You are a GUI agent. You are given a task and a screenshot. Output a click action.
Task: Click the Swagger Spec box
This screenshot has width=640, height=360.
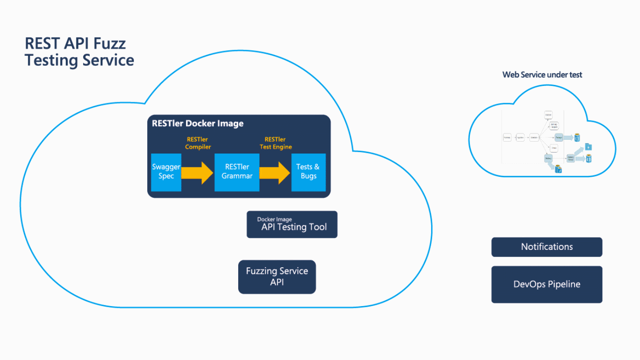click(166, 172)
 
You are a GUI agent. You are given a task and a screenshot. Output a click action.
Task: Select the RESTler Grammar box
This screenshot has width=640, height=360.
click(237, 172)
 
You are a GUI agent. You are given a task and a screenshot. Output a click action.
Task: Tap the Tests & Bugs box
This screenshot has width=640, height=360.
click(308, 172)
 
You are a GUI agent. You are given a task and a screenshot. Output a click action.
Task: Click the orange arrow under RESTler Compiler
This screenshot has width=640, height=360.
click(197, 172)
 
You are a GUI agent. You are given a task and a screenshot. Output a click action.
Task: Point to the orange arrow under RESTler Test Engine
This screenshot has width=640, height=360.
click(275, 172)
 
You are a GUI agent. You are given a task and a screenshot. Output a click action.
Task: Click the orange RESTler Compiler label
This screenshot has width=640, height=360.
click(198, 143)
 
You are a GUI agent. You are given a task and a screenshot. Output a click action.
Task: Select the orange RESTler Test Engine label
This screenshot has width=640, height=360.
click(275, 143)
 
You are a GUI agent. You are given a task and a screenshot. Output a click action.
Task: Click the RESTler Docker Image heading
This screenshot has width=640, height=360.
click(197, 123)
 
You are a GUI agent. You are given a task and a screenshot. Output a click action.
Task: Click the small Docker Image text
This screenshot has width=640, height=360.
click(274, 219)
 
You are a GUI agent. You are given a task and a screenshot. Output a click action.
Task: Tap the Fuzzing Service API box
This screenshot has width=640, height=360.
click(277, 277)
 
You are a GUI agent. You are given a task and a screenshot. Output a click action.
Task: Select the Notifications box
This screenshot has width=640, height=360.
click(547, 247)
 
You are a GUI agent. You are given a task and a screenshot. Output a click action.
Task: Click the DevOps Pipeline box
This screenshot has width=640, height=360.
click(547, 284)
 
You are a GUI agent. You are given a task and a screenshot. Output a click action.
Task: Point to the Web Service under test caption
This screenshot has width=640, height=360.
click(542, 74)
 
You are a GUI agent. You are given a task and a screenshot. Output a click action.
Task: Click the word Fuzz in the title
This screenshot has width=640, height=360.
click(110, 43)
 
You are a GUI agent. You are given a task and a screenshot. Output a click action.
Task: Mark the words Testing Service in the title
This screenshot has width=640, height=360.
click(79, 60)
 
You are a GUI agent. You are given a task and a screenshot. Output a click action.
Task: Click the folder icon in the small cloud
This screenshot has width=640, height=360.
click(588, 147)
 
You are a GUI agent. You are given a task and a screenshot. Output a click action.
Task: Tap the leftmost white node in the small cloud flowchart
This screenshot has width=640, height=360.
click(507, 137)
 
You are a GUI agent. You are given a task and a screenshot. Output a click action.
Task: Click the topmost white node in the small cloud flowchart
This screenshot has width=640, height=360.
click(549, 115)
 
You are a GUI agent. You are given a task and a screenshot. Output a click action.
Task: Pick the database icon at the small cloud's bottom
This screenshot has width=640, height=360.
click(558, 169)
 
